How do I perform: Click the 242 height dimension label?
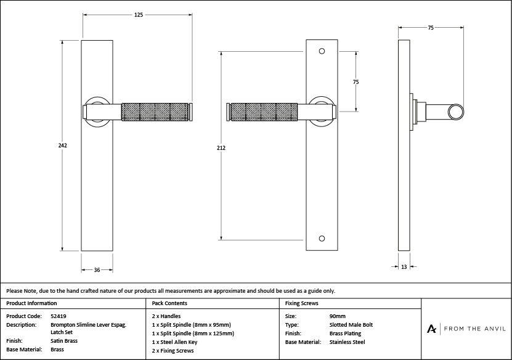tap(63, 145)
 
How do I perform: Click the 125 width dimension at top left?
tap(139, 15)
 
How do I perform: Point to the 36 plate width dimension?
tap(97, 269)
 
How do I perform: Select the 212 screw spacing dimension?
tap(221, 148)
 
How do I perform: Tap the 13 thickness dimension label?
tap(404, 267)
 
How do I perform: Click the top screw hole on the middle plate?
tap(322, 51)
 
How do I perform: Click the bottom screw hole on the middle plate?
tap(322, 239)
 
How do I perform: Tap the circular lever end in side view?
tap(457, 112)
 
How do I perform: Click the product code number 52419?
tap(58, 316)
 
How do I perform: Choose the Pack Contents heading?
tap(169, 303)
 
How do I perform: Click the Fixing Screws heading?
tap(301, 303)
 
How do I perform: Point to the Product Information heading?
tap(31, 303)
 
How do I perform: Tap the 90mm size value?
tap(338, 316)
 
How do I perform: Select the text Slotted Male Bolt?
tap(351, 324)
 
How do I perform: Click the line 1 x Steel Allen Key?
tap(174, 342)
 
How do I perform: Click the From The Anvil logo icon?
tap(433, 329)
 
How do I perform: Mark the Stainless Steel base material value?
tap(347, 342)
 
